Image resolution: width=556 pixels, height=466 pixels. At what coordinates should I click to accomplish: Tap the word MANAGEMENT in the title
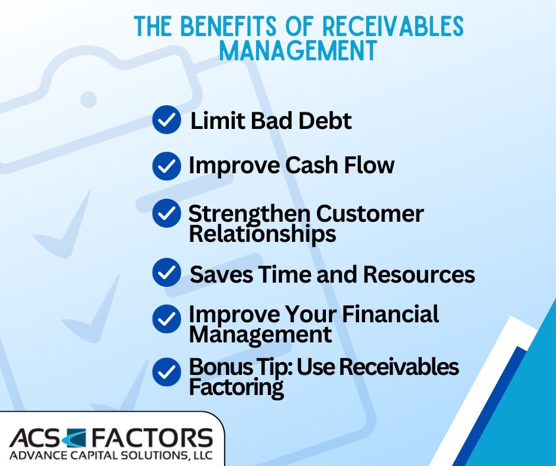tap(298, 51)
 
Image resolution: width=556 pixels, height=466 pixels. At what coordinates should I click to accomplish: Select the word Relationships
tap(262, 234)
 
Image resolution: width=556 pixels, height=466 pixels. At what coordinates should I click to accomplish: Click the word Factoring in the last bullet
tap(236, 388)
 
